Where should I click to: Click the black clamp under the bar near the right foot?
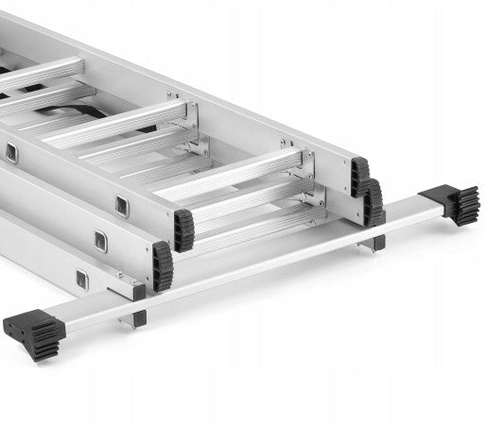tap(377, 243)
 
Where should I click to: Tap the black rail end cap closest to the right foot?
tap(374, 202)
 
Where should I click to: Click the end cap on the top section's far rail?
tap(360, 176)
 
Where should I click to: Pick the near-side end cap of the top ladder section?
tap(182, 230)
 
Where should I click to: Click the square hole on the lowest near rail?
tap(82, 279)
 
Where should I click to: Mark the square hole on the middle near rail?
tap(100, 241)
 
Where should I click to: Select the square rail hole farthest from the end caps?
tap(10, 151)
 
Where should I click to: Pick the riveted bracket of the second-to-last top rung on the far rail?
tap(190, 111)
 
